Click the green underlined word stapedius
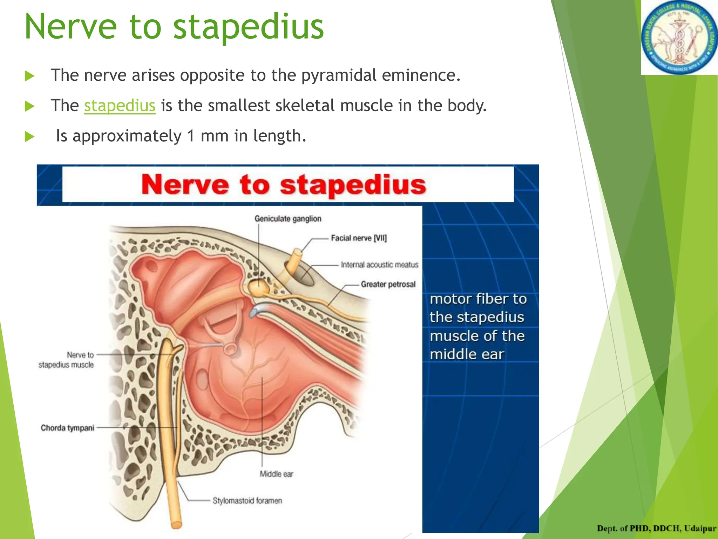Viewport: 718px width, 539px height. click(120, 106)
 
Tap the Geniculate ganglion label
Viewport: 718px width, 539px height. click(288, 219)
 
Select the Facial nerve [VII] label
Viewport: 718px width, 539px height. click(359, 238)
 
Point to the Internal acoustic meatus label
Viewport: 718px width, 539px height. click(379, 265)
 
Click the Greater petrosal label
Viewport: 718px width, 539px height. click(388, 284)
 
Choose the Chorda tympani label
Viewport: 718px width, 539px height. click(67, 428)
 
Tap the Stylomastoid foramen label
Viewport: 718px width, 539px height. click(247, 501)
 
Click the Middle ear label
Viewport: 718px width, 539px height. click(276, 474)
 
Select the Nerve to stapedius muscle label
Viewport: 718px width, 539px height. click(67, 360)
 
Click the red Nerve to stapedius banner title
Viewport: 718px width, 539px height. click(283, 185)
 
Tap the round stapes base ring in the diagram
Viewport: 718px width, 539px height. click(230, 348)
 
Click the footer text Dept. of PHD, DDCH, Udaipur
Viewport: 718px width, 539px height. click(656, 528)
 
